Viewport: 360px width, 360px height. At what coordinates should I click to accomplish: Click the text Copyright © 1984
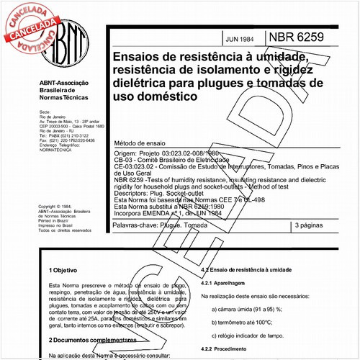click(x=55, y=205)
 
